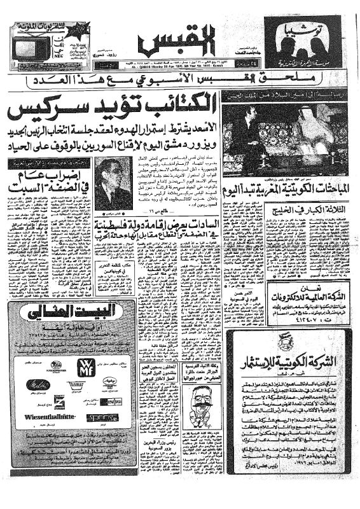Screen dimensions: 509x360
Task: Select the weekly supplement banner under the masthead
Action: coord(180,81)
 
